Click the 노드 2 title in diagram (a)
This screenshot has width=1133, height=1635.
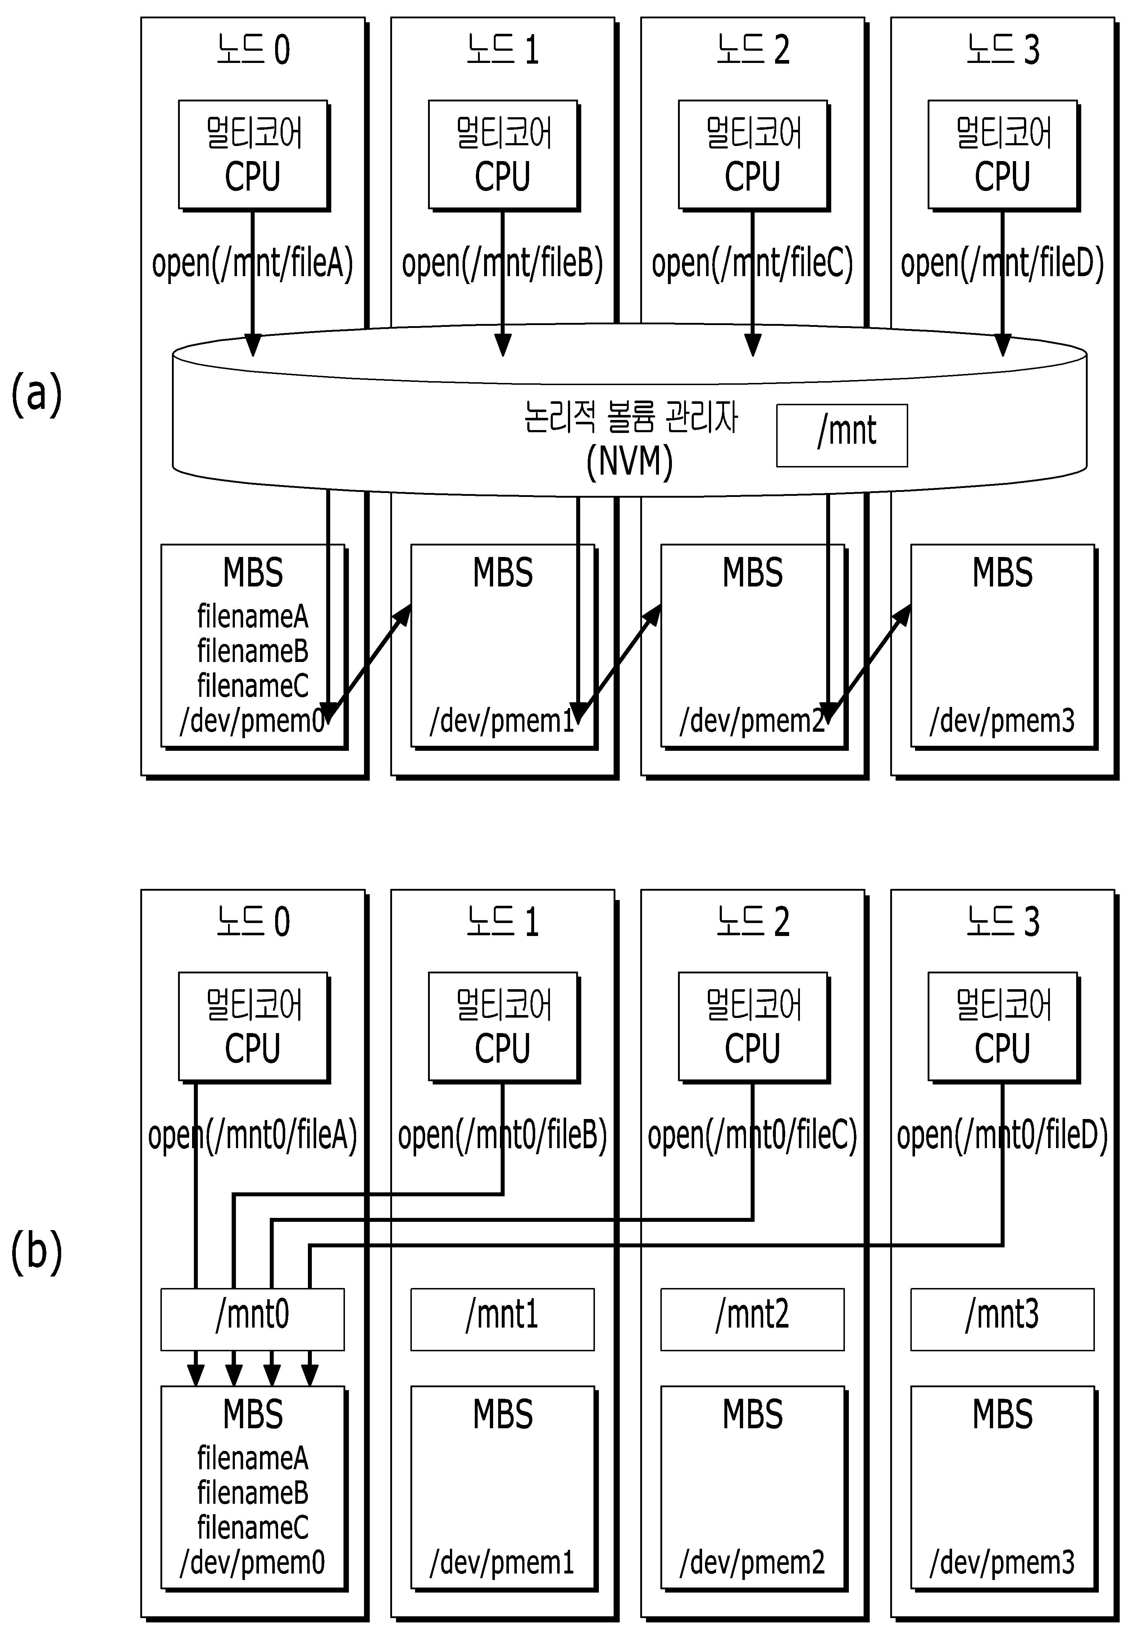pos(752,50)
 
